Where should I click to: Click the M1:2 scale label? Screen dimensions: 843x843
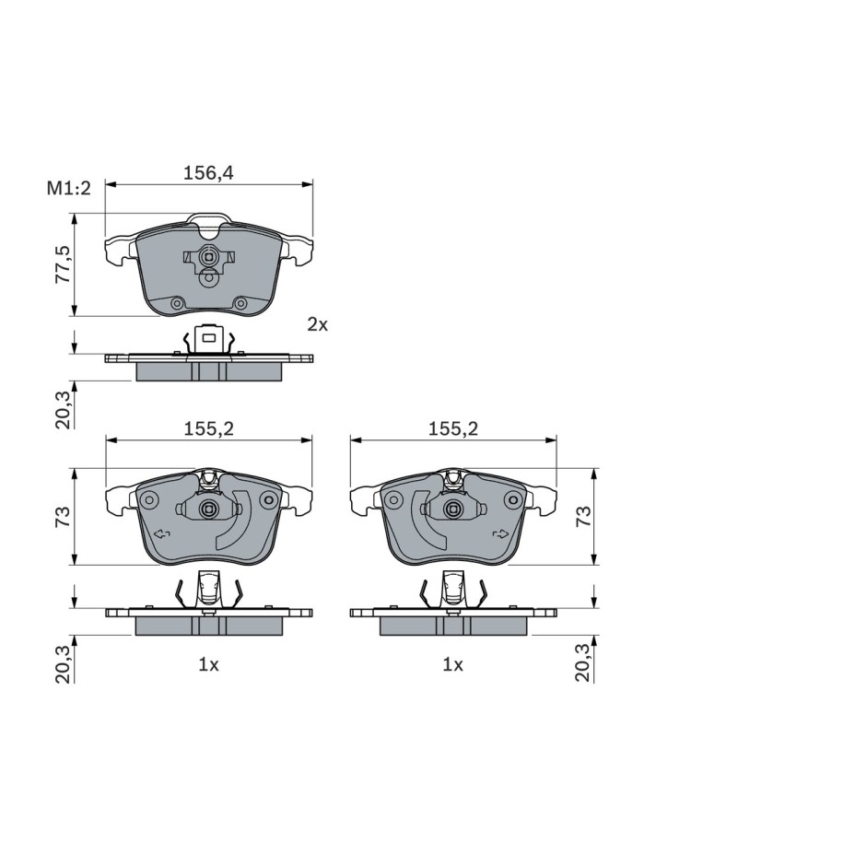69,188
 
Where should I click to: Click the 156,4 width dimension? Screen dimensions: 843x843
208,173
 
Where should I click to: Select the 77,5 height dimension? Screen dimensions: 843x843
63,265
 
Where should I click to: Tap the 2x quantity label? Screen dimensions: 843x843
317,324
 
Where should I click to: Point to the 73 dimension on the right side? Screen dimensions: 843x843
583,516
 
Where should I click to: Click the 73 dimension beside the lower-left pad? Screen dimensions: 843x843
63,516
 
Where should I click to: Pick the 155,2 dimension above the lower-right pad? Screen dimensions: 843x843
452,429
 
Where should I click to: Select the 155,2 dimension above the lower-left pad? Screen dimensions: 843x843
208,429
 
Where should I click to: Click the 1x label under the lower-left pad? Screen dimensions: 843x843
208,665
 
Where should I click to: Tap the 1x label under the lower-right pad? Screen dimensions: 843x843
452,665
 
